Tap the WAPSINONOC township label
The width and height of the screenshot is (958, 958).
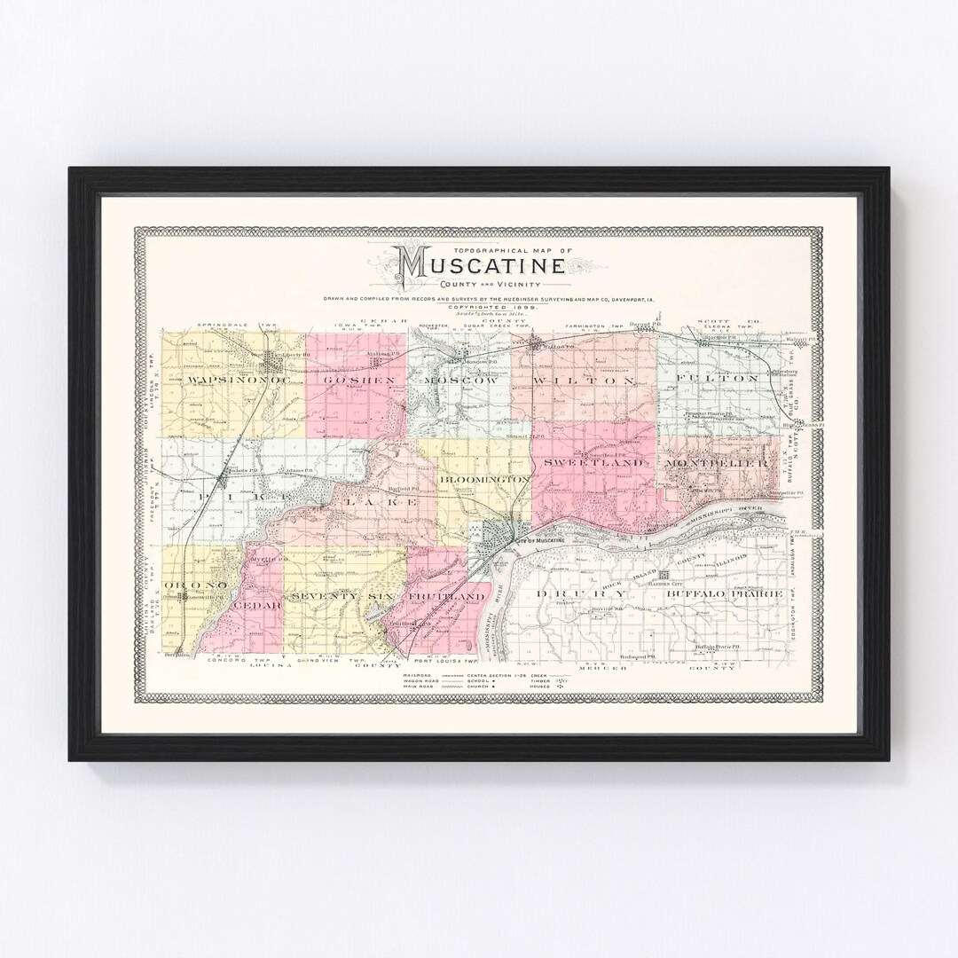coord(222,380)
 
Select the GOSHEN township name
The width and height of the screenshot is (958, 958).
coord(348,380)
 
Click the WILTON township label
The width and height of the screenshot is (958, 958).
coord(585,380)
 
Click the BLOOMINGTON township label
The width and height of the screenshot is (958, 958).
coord(484,479)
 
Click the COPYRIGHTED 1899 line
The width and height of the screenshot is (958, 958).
coord(479,308)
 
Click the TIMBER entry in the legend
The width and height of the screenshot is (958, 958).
coord(543,680)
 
